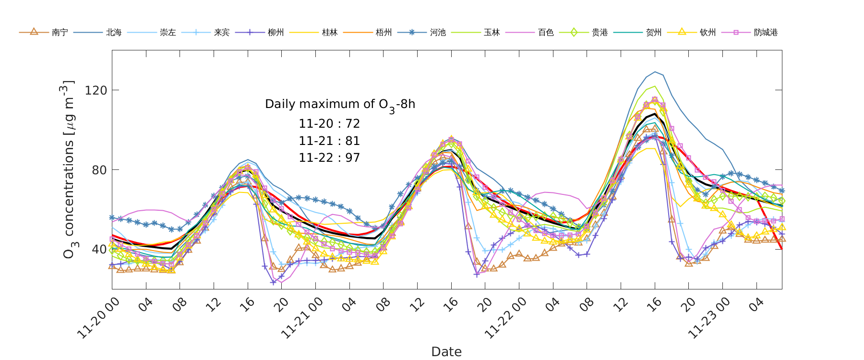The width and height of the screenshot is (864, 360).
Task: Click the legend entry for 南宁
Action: (60, 33)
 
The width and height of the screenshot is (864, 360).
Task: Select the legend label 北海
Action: (114, 33)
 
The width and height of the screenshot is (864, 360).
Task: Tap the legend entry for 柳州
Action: (276, 33)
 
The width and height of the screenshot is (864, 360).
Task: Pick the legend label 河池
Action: (438, 33)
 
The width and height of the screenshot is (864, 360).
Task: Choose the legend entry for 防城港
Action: (766, 33)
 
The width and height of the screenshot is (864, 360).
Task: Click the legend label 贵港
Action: (600, 33)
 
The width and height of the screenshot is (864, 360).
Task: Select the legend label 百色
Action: (546, 33)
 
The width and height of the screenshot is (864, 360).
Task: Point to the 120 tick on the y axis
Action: (96, 90)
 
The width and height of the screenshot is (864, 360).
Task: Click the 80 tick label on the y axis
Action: (99, 170)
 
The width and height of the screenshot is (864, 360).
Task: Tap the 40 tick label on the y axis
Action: (99, 249)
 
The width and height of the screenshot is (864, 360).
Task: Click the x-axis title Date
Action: (446, 351)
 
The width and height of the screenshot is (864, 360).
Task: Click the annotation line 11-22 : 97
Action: (329, 158)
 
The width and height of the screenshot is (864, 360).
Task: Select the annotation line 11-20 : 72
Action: (329, 124)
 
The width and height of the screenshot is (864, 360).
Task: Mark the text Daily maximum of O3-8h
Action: (340, 105)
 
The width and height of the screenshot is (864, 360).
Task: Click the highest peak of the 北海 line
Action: (655, 72)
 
